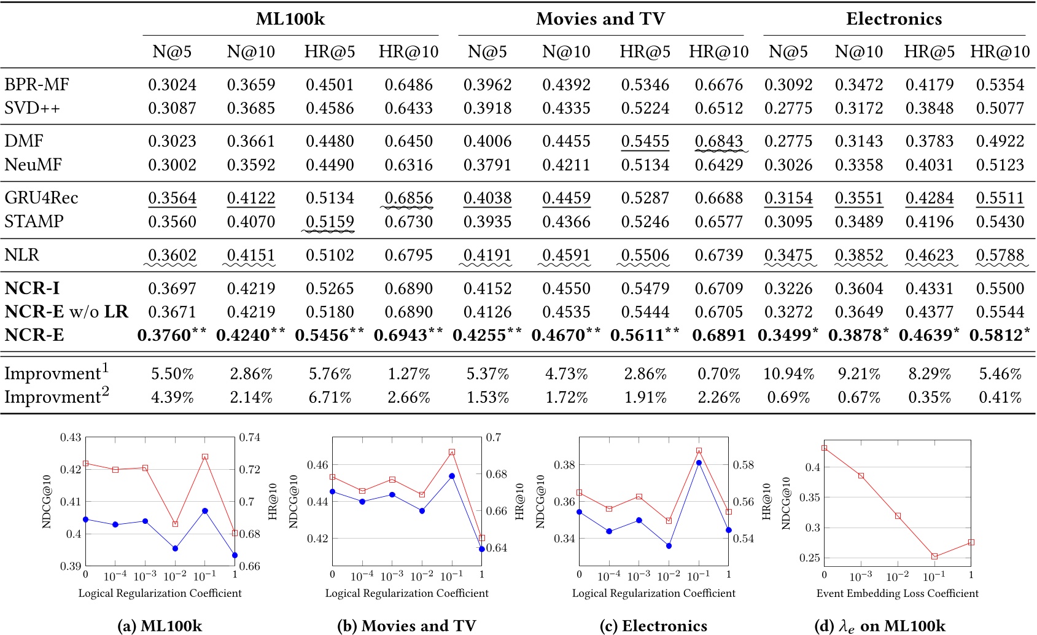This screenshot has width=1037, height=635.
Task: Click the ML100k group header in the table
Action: [x=290, y=19]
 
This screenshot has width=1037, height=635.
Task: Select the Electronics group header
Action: [x=893, y=19]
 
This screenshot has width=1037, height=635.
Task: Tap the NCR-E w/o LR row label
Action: [x=66, y=311]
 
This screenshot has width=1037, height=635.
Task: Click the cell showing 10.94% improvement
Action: [x=788, y=373]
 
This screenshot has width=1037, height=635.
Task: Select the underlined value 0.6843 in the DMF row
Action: [x=718, y=141]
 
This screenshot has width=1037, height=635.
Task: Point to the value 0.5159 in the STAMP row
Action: [x=330, y=221]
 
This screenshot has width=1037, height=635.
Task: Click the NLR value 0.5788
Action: [x=1000, y=255]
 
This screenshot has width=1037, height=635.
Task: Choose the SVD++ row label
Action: [x=32, y=108]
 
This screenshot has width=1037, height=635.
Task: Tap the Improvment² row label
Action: [x=56, y=397]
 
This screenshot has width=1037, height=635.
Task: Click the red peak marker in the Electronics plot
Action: [x=699, y=451]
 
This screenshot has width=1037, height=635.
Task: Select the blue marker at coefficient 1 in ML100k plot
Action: [x=235, y=555]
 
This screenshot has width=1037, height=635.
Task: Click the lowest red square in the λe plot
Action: [x=934, y=556]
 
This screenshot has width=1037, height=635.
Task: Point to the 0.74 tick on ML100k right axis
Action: [x=250, y=437]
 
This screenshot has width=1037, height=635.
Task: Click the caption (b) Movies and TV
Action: [x=406, y=626]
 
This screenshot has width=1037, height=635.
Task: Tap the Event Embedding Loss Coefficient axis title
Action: [x=897, y=593]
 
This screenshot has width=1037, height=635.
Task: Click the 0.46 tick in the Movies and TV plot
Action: [x=317, y=465]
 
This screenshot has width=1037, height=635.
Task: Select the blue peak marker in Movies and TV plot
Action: [x=452, y=476]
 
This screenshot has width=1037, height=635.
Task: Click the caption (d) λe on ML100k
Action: [x=879, y=626]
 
